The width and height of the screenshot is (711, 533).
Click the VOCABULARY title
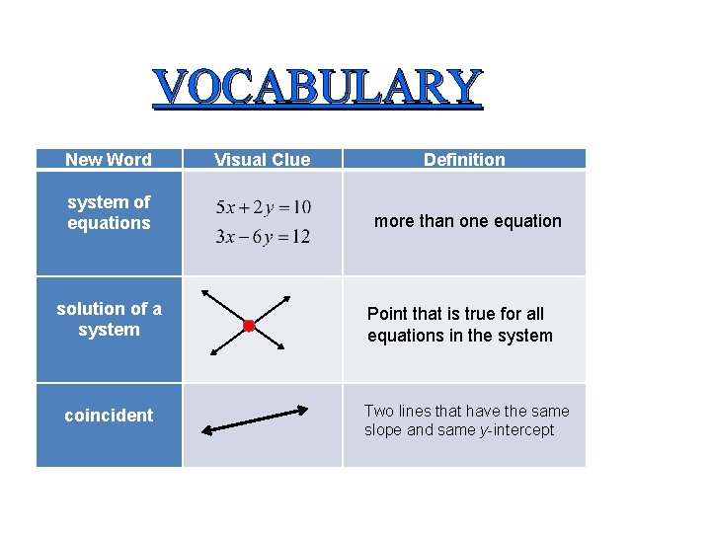click(x=318, y=88)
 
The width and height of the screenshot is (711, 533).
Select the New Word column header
click(x=109, y=160)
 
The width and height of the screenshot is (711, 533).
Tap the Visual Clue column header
click(x=262, y=160)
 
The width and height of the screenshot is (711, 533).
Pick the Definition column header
click(x=464, y=160)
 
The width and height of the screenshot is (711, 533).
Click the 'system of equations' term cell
click(x=109, y=212)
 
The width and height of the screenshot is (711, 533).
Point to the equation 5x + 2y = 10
click(x=263, y=207)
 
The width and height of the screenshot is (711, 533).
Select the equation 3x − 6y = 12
click(x=263, y=236)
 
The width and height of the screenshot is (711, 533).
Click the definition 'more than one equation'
click(x=467, y=221)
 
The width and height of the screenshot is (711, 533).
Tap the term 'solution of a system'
click(x=109, y=319)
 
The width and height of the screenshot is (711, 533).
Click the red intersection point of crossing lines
click(x=249, y=325)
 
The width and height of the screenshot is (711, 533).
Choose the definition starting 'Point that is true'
click(x=459, y=325)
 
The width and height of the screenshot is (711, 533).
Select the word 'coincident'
click(x=109, y=416)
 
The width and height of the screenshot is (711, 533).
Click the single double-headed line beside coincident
click(x=255, y=419)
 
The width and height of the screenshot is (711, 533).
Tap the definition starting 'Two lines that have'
click(x=466, y=420)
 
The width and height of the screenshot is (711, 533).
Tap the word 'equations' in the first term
click(x=109, y=223)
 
